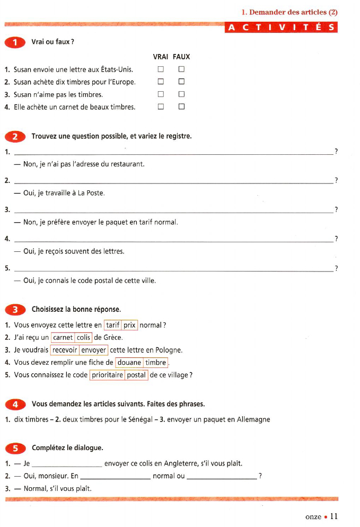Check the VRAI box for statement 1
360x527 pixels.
[x=161, y=69]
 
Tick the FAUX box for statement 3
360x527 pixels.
[x=181, y=95]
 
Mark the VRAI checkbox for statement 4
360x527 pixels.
[x=161, y=107]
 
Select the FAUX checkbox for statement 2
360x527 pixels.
[x=181, y=82]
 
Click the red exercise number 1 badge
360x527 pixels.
[x=16, y=42]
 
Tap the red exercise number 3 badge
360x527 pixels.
[x=16, y=310]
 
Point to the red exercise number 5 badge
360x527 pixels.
[x=16, y=449]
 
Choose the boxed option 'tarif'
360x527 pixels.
[x=112, y=325]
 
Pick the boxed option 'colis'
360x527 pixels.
[x=84, y=337]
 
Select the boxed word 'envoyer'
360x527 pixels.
[x=94, y=350]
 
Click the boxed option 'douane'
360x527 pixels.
[x=129, y=363]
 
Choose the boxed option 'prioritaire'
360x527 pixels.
[x=107, y=375]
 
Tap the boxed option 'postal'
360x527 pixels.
[x=136, y=375]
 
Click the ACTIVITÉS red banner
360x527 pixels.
[x=282, y=28]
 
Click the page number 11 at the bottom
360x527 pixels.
[x=333, y=516]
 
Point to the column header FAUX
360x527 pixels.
[x=181, y=57]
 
